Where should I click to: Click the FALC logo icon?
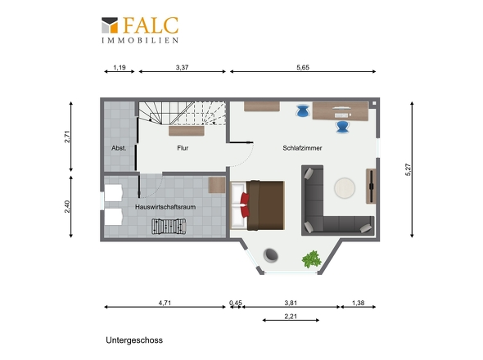pyautogui.click(x=110, y=25)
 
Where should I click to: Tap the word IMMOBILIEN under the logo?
pyautogui.click(x=140, y=40)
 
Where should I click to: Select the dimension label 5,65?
pyautogui.click(x=303, y=67)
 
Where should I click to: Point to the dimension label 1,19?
pyautogui.click(x=120, y=67)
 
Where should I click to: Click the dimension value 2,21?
pyautogui.click(x=291, y=316)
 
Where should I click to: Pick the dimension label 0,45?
pyautogui.click(x=236, y=303)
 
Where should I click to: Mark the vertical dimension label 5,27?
pyautogui.click(x=409, y=169)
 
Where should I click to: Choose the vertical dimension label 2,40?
pyautogui.click(x=67, y=207)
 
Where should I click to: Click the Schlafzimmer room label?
pyautogui.click(x=302, y=148)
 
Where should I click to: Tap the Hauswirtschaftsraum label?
pyautogui.click(x=165, y=207)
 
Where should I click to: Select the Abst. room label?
pyautogui.click(x=119, y=148)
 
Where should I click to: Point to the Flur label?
pyautogui.click(x=183, y=148)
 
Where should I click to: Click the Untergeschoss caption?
pyautogui.click(x=134, y=340)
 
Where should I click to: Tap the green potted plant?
pyautogui.click(x=312, y=259)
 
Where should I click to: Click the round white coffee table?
pyautogui.click(x=345, y=188)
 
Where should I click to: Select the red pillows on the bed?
pyautogui.click(x=246, y=205)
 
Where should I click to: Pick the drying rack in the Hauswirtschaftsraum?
pyautogui.click(x=169, y=226)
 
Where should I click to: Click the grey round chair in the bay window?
pyautogui.click(x=271, y=255)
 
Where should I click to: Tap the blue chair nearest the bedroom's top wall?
pyautogui.click(x=303, y=110)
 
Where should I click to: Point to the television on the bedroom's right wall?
pyautogui.click(x=372, y=187)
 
